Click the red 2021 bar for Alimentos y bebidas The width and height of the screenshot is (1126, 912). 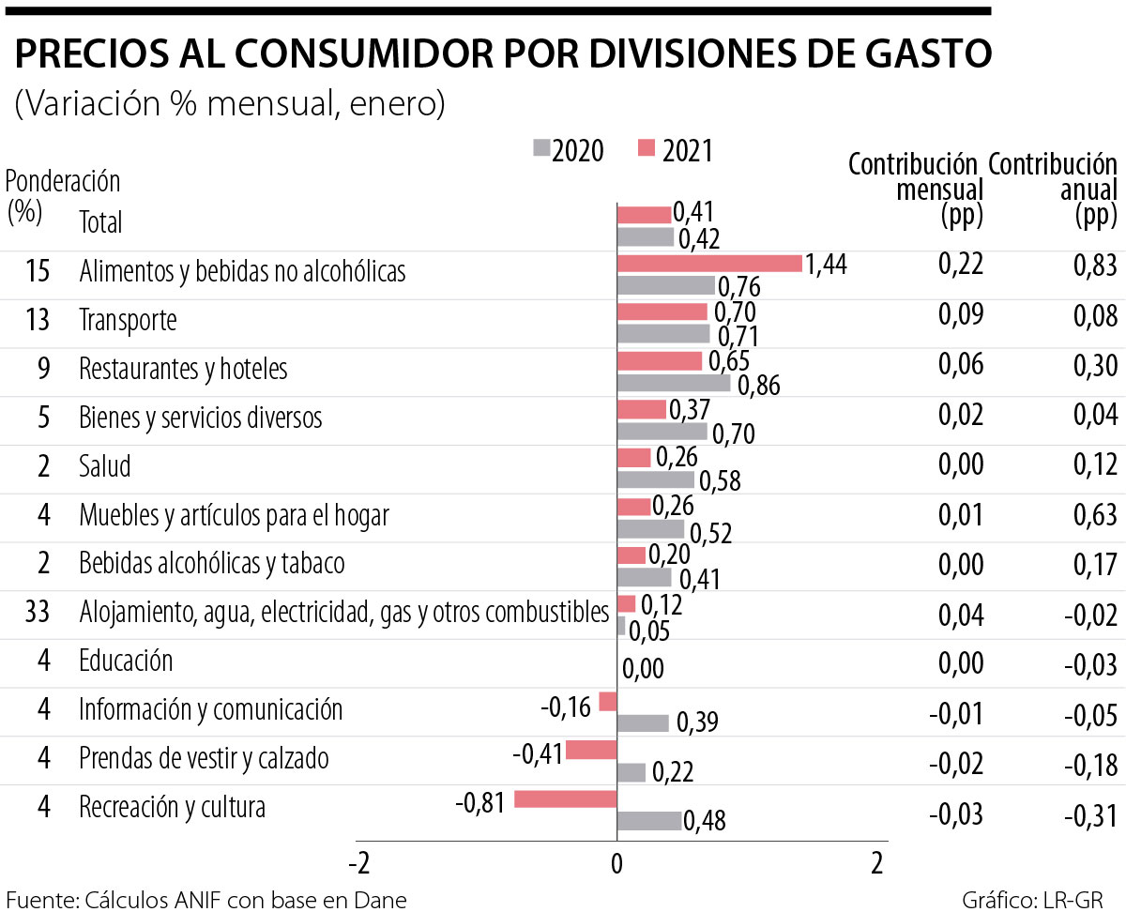(x=709, y=264)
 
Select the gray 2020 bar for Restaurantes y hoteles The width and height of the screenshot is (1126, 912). (x=673, y=383)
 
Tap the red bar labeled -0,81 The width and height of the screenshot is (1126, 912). (x=565, y=799)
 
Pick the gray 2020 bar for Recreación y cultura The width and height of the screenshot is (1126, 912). (x=648, y=821)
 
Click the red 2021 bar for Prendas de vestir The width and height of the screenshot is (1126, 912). (x=590, y=749)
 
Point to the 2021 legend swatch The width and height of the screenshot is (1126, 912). (x=646, y=148)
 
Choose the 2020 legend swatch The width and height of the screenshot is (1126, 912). (x=541, y=148)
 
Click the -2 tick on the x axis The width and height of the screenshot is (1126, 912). (x=358, y=861)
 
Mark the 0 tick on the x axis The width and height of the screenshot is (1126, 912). (x=616, y=861)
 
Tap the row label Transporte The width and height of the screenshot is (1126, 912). (x=128, y=321)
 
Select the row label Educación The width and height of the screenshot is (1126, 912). (x=126, y=661)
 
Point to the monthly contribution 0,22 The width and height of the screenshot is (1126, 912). (x=961, y=265)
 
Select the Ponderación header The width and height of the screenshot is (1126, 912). (x=64, y=180)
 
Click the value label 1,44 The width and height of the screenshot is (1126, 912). (x=827, y=266)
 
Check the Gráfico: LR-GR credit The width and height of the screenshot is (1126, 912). (x=1039, y=900)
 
